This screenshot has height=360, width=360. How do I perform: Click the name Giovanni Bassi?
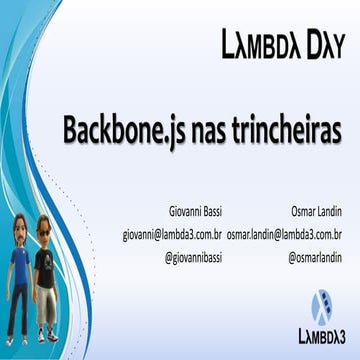tap(195, 213)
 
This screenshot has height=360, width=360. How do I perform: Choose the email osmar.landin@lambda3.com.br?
tap(285, 235)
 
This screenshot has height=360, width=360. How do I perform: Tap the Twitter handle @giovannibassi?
tap(193, 257)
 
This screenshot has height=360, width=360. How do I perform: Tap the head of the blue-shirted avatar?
tap(19, 236)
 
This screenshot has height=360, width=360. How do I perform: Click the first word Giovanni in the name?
tap(185, 213)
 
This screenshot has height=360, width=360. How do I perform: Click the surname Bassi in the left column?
tap(211, 213)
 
